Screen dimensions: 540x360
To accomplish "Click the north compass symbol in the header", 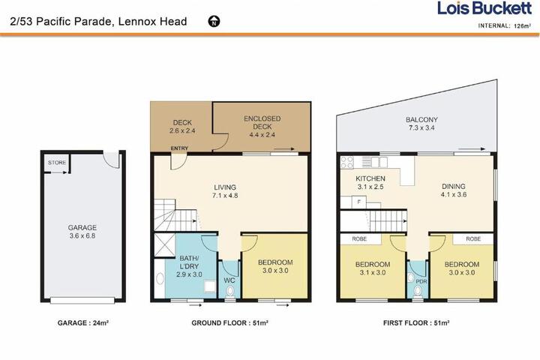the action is coord(214,21).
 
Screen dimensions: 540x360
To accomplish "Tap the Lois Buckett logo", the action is coord(484,8).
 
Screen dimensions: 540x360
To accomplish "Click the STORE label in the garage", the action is coord(57,163).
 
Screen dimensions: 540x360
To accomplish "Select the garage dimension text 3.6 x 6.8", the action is coord(82,236).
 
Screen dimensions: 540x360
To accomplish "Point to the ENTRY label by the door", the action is coord(179,148).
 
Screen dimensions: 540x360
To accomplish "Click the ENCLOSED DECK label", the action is coord(262,123).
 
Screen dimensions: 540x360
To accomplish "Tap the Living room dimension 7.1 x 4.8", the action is coord(225,196).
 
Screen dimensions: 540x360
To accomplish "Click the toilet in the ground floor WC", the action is coord(230,292).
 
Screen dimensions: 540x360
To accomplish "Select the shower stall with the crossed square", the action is coord(164,245).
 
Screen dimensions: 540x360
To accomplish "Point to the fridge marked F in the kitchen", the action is coord(358,202).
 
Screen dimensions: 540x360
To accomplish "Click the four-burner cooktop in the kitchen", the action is coord(347,163).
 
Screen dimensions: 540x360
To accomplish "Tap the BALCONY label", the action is coord(421,119).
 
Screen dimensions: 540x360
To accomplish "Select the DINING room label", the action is coord(454,186).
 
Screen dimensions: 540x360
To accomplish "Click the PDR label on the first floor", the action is coord(421,281).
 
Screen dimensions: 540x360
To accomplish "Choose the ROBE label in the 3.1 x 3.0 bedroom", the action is coord(359,238).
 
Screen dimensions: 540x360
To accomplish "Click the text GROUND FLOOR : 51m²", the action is coord(230,322).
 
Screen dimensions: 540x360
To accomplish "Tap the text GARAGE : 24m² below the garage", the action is coord(83,322).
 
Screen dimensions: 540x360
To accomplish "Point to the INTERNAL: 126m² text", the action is coord(505,25).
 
